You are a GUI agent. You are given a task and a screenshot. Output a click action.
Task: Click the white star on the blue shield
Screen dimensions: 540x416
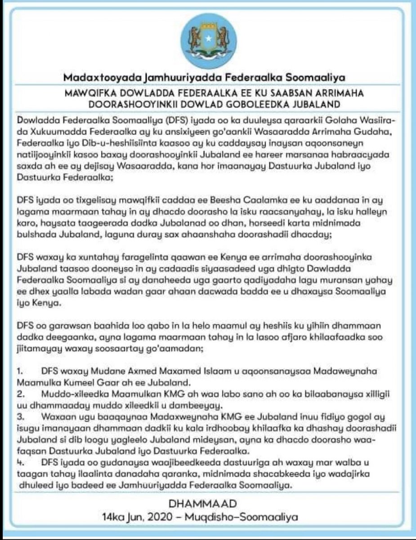tap(208, 40)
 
